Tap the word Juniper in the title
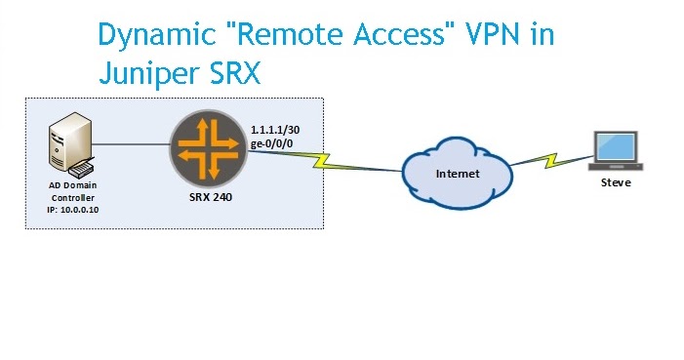coord(149,73)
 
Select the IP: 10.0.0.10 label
coord(73,210)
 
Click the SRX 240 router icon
coord(209,149)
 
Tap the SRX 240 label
coord(211,197)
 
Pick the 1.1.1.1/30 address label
coord(275,130)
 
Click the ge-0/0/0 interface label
coord(272,143)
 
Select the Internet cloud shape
coord(458,174)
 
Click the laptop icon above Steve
coord(616,150)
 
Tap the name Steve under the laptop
coord(616,182)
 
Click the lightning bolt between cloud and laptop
coord(552,160)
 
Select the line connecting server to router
coord(131,144)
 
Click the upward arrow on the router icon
coord(202,134)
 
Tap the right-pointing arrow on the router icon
coord(224,143)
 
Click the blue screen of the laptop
coord(616,146)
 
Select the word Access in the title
coord(399,33)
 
